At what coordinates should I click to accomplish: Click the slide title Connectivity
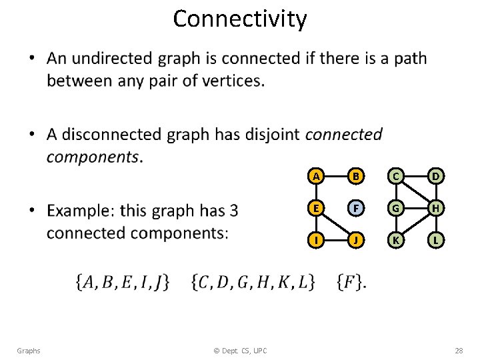click(240, 19)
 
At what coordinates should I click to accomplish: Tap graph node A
click(317, 176)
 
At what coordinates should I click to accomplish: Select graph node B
click(357, 176)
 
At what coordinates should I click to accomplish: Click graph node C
click(396, 176)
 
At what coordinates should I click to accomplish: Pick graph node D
click(436, 176)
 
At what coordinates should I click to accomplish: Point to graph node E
click(317, 208)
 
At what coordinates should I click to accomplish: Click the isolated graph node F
click(357, 208)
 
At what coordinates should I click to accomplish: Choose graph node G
click(396, 208)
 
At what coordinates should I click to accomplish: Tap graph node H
click(436, 208)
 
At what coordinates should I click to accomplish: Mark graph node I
click(317, 239)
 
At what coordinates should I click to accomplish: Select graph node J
click(357, 239)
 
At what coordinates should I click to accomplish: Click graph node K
click(396, 239)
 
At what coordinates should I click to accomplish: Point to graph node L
click(436, 239)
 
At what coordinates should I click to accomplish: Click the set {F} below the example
click(351, 282)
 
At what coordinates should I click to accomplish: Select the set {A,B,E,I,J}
click(123, 282)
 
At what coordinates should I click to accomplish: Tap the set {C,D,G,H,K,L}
click(253, 282)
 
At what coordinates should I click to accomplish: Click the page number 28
click(459, 351)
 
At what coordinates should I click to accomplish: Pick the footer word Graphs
click(29, 351)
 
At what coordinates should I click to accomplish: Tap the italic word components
click(93, 157)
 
